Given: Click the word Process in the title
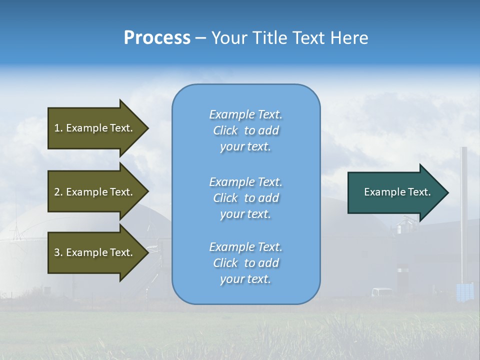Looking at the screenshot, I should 157,38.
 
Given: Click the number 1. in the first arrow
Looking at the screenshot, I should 58,128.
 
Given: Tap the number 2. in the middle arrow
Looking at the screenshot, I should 58,192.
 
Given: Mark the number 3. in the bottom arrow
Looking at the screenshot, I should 58,252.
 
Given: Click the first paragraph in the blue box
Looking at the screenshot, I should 245,130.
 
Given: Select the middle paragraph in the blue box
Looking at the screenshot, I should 245,198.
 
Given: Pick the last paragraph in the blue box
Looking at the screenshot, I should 245,263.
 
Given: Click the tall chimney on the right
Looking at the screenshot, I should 463,210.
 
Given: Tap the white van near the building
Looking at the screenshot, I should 382,292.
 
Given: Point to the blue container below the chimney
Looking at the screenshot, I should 464,292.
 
